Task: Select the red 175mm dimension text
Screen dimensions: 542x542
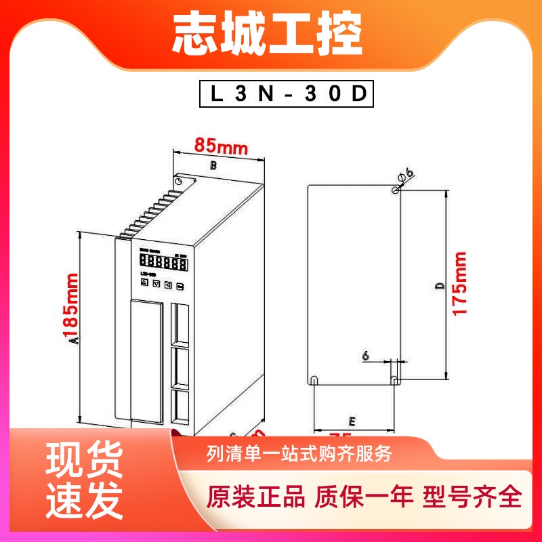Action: tap(460, 283)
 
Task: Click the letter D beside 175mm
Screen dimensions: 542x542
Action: tap(438, 287)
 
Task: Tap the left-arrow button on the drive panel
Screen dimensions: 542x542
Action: tap(168, 285)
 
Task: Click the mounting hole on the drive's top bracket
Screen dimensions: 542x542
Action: tap(179, 182)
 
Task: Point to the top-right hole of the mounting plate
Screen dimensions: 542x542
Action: tap(395, 191)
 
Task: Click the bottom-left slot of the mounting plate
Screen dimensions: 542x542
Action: tap(316, 379)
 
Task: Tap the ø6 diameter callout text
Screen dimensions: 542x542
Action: tap(406, 174)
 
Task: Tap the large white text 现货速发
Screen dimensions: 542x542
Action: tap(85, 482)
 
